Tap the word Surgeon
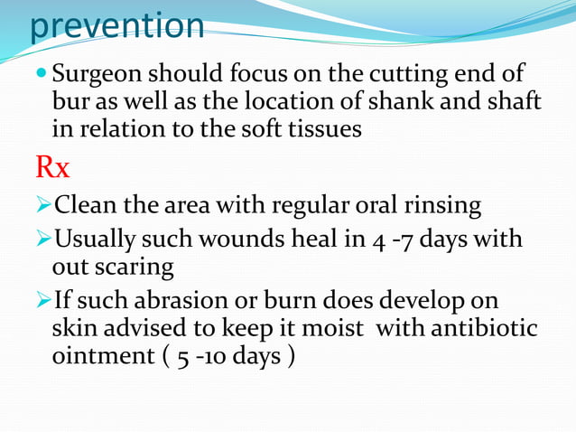pyautogui.click(x=107, y=74)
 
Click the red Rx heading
pyautogui.click(x=51, y=167)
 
